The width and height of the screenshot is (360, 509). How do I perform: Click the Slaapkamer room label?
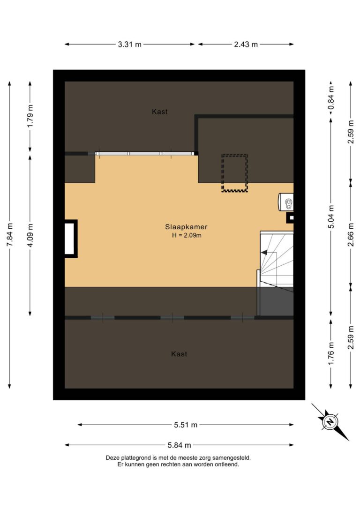pyautogui.click(x=186, y=227)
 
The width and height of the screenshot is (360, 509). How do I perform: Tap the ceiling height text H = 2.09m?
pyautogui.click(x=186, y=235)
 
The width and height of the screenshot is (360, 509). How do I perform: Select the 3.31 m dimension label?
pyautogui.click(x=129, y=45)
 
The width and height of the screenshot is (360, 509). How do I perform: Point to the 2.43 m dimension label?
pyautogui.click(x=246, y=45)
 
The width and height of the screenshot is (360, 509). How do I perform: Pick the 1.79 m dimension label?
pyautogui.click(x=30, y=118)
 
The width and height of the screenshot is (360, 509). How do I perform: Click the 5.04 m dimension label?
pyautogui.click(x=331, y=216)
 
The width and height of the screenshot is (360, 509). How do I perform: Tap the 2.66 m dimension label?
pyautogui.click(x=351, y=234)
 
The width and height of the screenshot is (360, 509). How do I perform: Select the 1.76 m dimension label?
pyautogui.click(x=331, y=354)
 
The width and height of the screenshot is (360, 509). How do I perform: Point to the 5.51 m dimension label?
pyautogui.click(x=186, y=425)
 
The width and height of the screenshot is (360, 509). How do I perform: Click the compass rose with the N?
pyautogui.click(x=330, y=421)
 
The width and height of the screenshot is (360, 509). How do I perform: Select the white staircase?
pyautogui.click(x=277, y=260)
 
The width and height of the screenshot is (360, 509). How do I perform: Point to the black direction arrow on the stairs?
pyautogui.click(x=265, y=253)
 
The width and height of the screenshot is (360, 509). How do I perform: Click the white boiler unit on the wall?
pyautogui.click(x=286, y=202)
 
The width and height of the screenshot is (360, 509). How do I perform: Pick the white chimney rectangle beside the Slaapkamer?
pyautogui.click(x=69, y=238)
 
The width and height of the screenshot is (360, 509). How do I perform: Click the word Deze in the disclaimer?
pyautogui.click(x=113, y=457)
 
